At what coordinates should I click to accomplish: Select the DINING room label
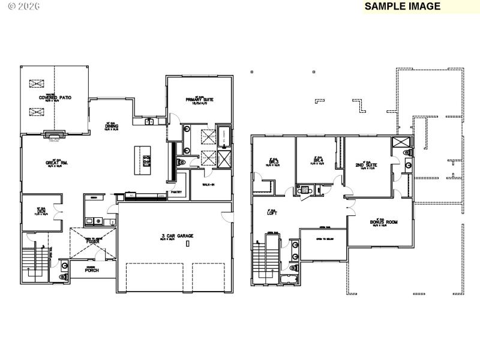point(112,127)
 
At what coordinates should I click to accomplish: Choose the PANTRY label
point(176,193)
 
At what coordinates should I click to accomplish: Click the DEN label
point(41,211)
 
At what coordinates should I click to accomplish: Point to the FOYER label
point(92,259)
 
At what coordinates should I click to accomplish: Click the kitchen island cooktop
point(146,160)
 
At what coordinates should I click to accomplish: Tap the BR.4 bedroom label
point(318,161)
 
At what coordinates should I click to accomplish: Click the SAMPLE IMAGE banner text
point(402,7)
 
